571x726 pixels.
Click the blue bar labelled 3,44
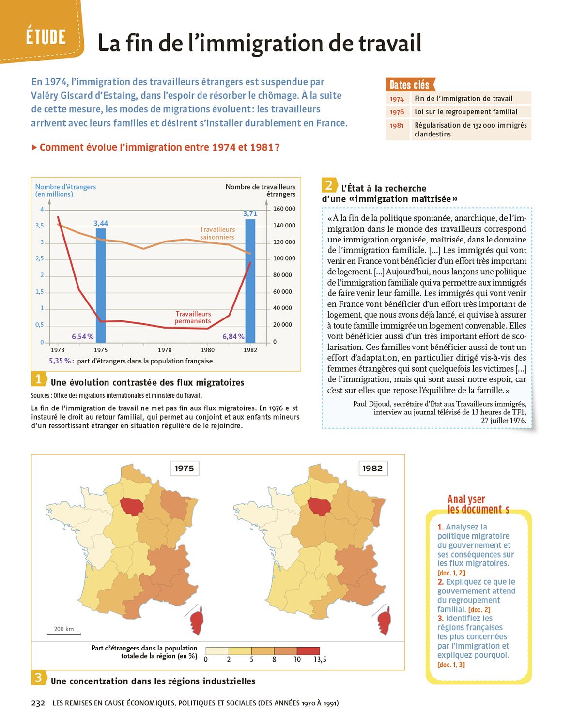pos(101,285)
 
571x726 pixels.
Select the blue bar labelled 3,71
pos(250,281)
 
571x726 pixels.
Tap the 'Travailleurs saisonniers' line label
pos(217,233)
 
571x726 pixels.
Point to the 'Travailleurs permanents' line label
pos(193,318)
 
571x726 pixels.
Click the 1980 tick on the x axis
pos(207,349)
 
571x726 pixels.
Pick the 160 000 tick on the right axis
pos(284,209)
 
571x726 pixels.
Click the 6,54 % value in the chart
pos(82,336)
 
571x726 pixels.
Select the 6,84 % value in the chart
pos(233,336)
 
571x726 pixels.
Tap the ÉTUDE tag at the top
pos(46,37)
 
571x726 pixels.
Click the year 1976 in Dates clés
pos(397,112)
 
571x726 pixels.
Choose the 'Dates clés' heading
pos(410,85)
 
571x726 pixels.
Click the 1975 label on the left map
pos(184,468)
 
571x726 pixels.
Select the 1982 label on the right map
pos(372,468)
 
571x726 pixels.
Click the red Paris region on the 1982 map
pos(319,506)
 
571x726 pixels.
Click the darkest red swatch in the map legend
pos(308,651)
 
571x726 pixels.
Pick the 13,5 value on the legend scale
pos(320,660)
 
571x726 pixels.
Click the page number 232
pos(38,703)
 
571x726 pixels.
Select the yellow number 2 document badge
pos(329,185)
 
